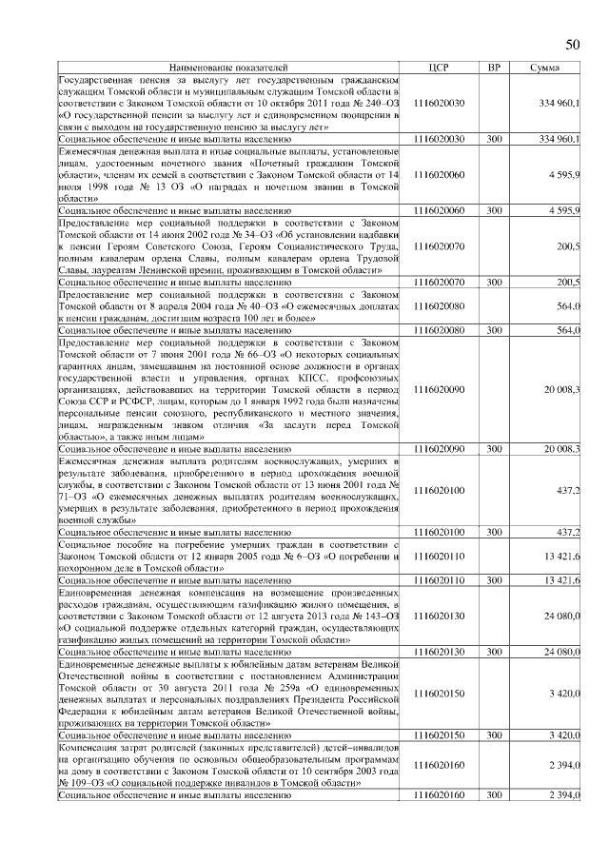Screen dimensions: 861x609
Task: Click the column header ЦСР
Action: click(x=439, y=68)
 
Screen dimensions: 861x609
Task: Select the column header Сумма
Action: click(x=544, y=68)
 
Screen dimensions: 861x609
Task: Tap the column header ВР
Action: click(x=493, y=68)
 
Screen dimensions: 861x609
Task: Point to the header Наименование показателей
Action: click(x=227, y=68)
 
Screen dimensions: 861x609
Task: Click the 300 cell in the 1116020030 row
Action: click(x=493, y=139)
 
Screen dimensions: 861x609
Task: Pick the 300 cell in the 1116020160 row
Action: click(x=493, y=793)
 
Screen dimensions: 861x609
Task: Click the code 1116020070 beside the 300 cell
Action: click(x=439, y=283)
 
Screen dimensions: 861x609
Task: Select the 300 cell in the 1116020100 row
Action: click(x=493, y=533)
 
